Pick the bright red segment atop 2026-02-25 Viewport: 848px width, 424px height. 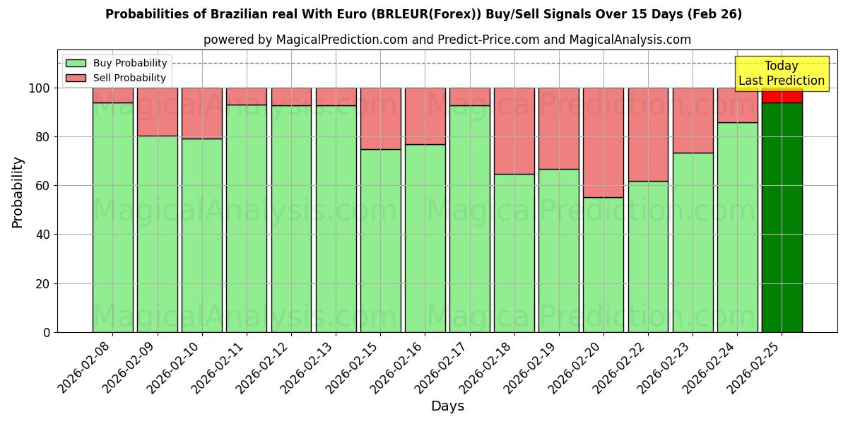[x=782, y=95]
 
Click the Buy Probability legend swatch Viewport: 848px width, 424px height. [x=76, y=63]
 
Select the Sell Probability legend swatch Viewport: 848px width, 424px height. [x=76, y=78]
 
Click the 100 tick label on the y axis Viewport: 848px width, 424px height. [x=40, y=88]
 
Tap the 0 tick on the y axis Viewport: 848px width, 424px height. [x=47, y=332]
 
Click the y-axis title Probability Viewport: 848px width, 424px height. [x=18, y=192]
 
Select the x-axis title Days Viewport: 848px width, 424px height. [x=447, y=406]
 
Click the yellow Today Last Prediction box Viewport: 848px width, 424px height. [x=782, y=73]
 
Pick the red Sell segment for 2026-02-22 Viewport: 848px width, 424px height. [x=648, y=134]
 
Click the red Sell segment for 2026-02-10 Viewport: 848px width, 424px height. [x=202, y=113]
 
